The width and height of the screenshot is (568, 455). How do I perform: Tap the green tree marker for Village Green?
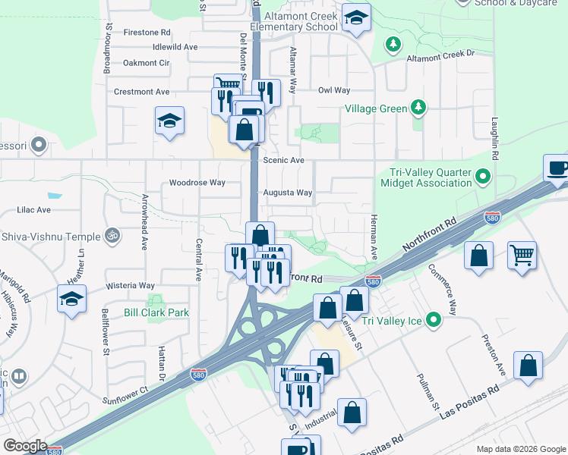[x=417, y=108]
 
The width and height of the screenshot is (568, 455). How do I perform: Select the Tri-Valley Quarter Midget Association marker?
[x=483, y=178]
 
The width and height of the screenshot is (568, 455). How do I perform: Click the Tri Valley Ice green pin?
[x=433, y=320]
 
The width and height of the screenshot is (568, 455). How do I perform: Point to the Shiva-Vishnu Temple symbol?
[x=112, y=237]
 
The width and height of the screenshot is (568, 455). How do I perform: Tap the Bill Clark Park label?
[x=156, y=312]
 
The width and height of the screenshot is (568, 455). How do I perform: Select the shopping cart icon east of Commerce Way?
[x=522, y=255]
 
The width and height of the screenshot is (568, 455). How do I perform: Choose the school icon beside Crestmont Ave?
[x=169, y=120]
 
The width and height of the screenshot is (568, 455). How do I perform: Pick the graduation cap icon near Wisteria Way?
[x=71, y=299]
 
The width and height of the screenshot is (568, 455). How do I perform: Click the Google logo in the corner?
[x=24, y=446]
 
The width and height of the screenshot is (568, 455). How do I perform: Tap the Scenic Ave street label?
[x=283, y=161]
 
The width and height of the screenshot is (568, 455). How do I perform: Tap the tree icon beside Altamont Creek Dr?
[x=393, y=45]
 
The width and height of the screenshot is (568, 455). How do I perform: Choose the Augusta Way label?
[x=288, y=193]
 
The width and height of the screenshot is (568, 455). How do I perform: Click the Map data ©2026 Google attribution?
[x=520, y=449]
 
